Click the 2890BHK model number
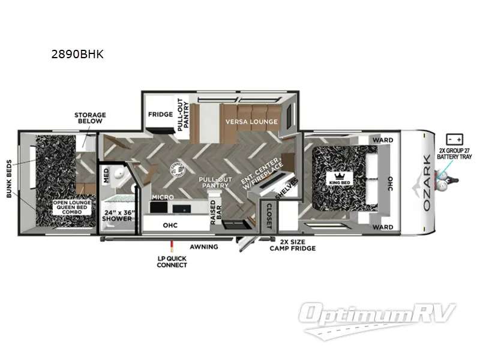pyautogui.click(x=78, y=55)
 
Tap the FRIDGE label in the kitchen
pyautogui.click(x=160, y=114)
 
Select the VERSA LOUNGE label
pyautogui.click(x=251, y=122)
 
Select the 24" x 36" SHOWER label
pyautogui.click(x=117, y=215)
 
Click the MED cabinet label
pyautogui.click(x=106, y=175)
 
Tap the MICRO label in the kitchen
pyautogui.click(x=163, y=197)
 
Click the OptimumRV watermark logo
pyautogui.click(x=379, y=316)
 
